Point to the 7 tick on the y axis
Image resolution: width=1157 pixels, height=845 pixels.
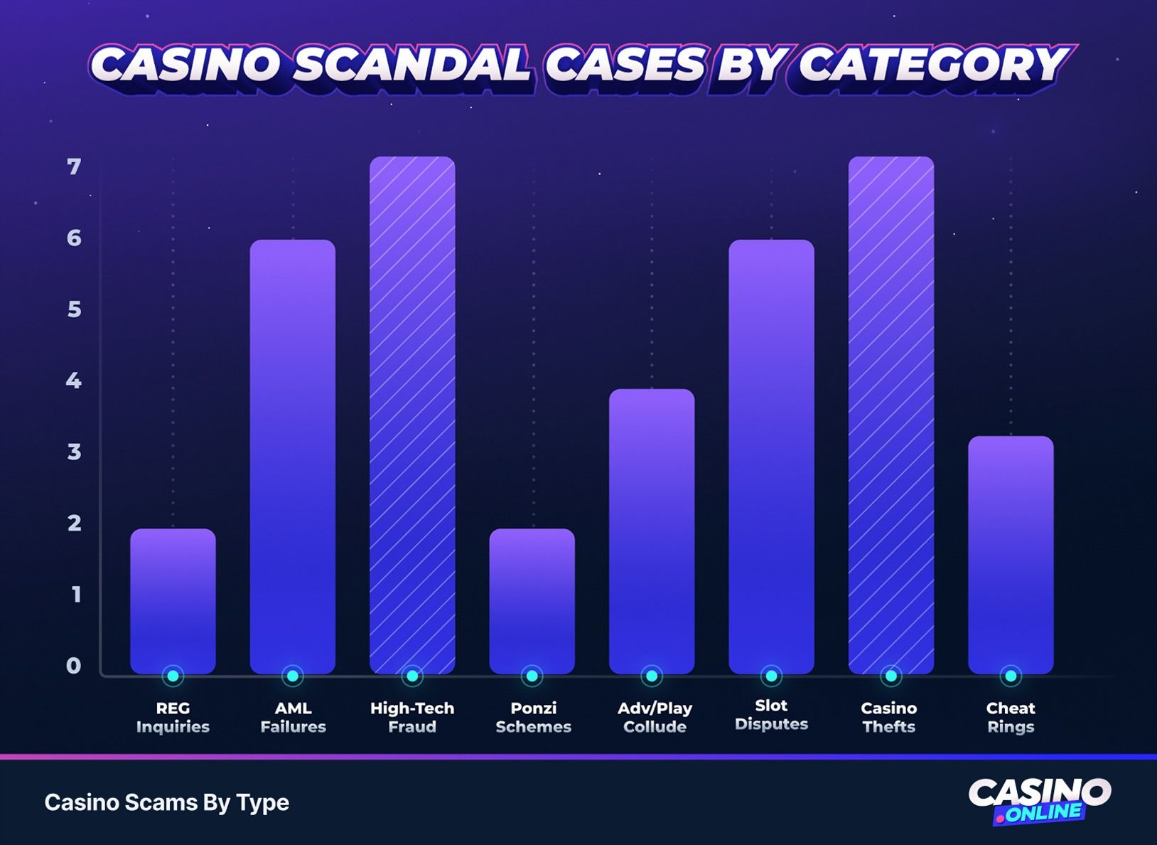pos(74,167)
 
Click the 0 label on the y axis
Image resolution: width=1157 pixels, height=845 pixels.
pos(74,666)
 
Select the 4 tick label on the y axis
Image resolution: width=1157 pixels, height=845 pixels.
pos(74,381)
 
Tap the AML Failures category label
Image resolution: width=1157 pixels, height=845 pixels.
pos(293,717)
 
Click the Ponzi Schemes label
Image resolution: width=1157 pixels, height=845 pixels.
pos(533,717)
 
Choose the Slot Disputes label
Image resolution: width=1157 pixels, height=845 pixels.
pos(771,714)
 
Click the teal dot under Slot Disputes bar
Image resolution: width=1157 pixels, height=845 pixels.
pos(771,676)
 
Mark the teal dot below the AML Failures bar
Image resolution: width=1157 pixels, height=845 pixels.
pos(292,676)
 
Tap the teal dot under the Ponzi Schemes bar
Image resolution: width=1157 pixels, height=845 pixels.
pos(532,676)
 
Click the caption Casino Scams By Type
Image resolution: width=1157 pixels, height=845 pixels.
pos(167,802)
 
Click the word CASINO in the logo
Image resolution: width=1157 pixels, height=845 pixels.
pos(1039,791)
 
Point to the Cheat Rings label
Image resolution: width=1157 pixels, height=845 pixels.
pos(1011,717)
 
